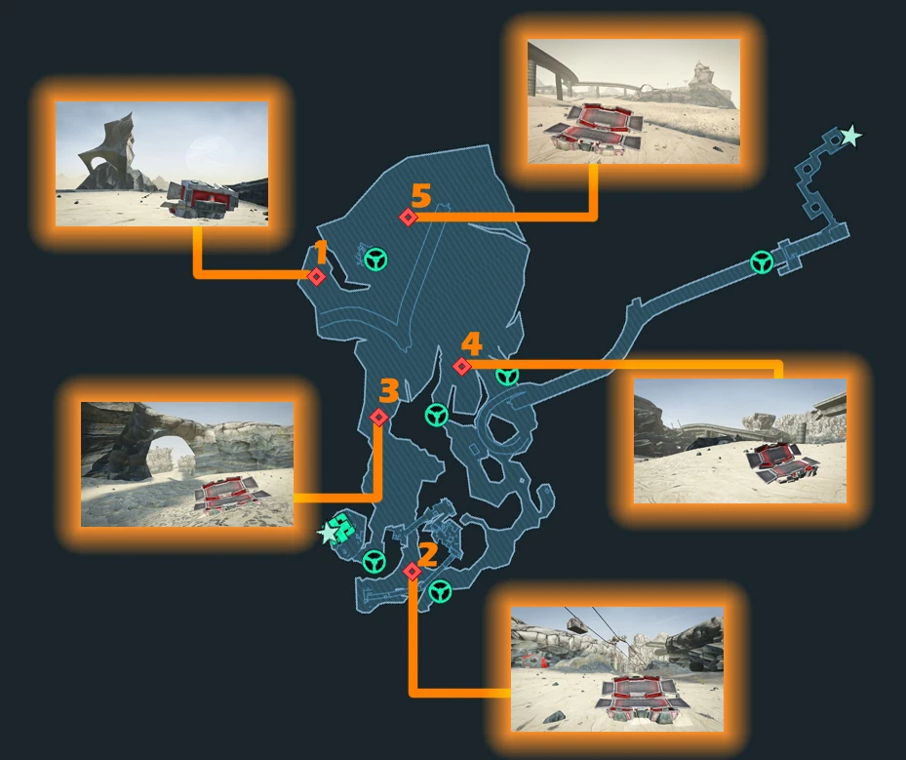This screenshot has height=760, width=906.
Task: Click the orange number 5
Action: (420, 196)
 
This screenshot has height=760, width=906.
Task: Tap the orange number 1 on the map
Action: (321, 253)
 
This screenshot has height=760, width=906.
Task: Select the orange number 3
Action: (389, 390)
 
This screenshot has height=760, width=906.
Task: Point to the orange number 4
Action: (471, 343)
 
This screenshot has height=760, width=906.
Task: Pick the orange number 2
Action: (428, 554)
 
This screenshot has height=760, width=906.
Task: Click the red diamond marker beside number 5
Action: (409, 218)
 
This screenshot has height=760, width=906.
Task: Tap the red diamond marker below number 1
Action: (316, 277)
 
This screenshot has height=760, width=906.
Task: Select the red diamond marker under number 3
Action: (379, 417)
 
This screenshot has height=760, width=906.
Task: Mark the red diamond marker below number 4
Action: (461, 367)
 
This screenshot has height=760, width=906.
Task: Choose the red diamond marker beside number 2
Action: (412, 572)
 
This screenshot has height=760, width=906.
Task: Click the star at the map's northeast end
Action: (850, 137)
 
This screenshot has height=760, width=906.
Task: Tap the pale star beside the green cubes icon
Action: (328, 533)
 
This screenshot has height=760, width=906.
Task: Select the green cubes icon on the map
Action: (344, 528)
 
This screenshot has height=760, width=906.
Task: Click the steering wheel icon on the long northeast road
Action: (762, 262)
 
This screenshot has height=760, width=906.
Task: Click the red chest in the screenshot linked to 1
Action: (202, 198)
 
